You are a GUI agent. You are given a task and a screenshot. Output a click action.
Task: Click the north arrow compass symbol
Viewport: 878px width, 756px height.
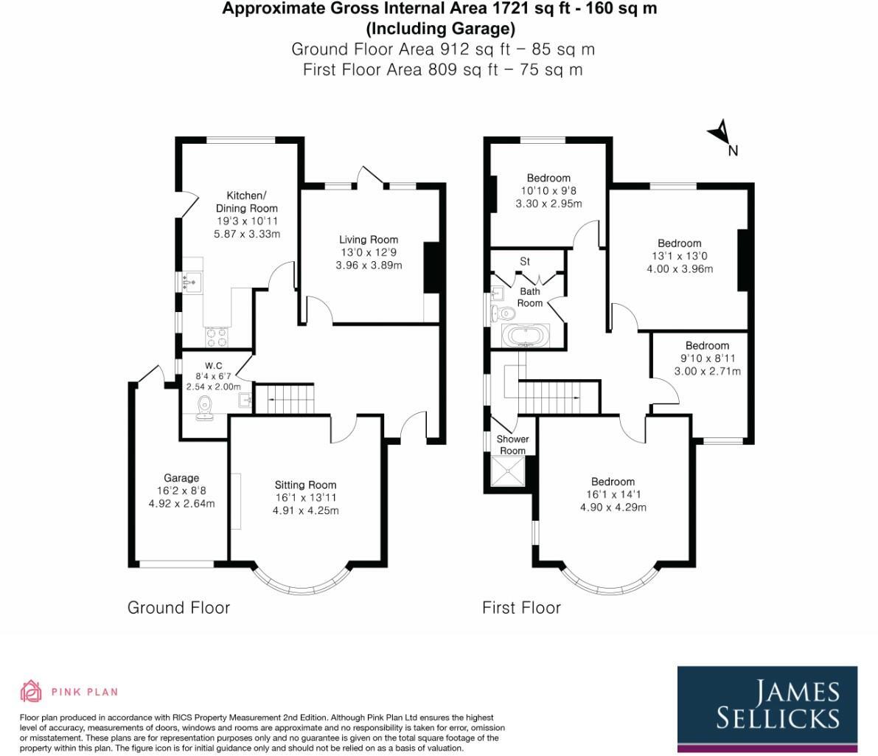click(x=720, y=135)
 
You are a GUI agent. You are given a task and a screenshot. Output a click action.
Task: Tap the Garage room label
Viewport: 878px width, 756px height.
click(x=181, y=478)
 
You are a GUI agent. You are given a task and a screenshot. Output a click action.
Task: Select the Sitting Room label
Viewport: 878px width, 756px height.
click(x=305, y=485)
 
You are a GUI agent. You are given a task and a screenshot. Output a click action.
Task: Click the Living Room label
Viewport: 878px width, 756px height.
click(x=368, y=239)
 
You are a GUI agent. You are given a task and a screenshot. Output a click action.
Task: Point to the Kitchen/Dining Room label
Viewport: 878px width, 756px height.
click(x=246, y=202)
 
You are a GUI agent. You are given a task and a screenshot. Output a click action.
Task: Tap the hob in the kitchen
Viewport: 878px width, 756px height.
click(x=217, y=336)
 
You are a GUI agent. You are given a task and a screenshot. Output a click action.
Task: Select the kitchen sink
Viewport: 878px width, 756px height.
click(x=193, y=281)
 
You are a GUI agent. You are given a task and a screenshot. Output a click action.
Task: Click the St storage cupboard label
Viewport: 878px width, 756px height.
click(x=525, y=261)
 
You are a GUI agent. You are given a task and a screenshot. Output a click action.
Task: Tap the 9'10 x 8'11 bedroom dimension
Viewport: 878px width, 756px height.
click(x=707, y=358)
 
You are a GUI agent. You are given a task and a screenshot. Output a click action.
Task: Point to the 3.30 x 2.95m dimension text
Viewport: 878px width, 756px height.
click(x=548, y=204)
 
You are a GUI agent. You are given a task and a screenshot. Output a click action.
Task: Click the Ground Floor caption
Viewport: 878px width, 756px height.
click(x=178, y=608)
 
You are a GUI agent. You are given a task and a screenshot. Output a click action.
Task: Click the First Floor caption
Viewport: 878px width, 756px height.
click(x=521, y=608)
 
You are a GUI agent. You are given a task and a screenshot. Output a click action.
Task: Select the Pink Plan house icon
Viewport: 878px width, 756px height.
click(x=30, y=691)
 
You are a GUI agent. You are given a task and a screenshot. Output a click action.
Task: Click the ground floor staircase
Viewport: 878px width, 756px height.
click(x=289, y=399)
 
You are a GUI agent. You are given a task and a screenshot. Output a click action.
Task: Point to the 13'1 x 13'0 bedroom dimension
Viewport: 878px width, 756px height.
click(x=679, y=256)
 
